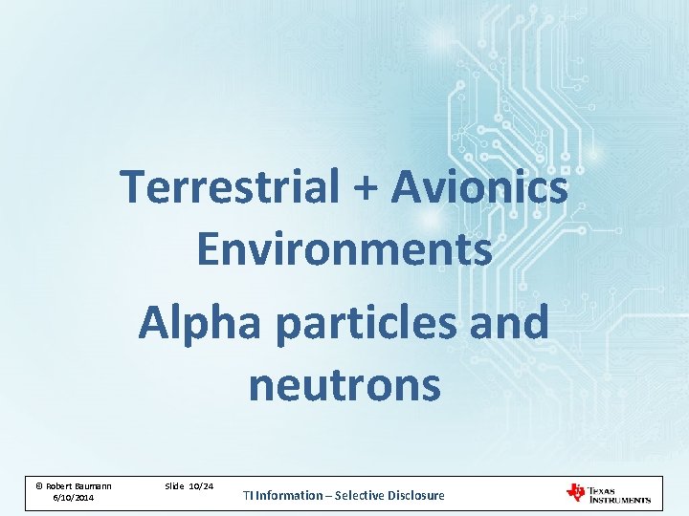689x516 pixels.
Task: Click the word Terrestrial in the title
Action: point(230,186)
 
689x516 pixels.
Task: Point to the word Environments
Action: point(344,249)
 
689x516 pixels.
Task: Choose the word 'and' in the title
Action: point(513,322)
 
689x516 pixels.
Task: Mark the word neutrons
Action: point(344,385)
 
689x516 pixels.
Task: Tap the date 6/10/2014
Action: point(73,498)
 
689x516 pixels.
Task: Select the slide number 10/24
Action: point(201,486)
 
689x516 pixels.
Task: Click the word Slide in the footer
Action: point(174,486)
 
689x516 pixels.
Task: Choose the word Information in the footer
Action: point(289,495)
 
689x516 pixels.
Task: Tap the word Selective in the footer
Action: point(362,495)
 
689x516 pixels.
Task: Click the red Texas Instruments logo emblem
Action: point(576,492)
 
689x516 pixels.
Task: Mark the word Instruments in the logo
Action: point(620,499)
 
